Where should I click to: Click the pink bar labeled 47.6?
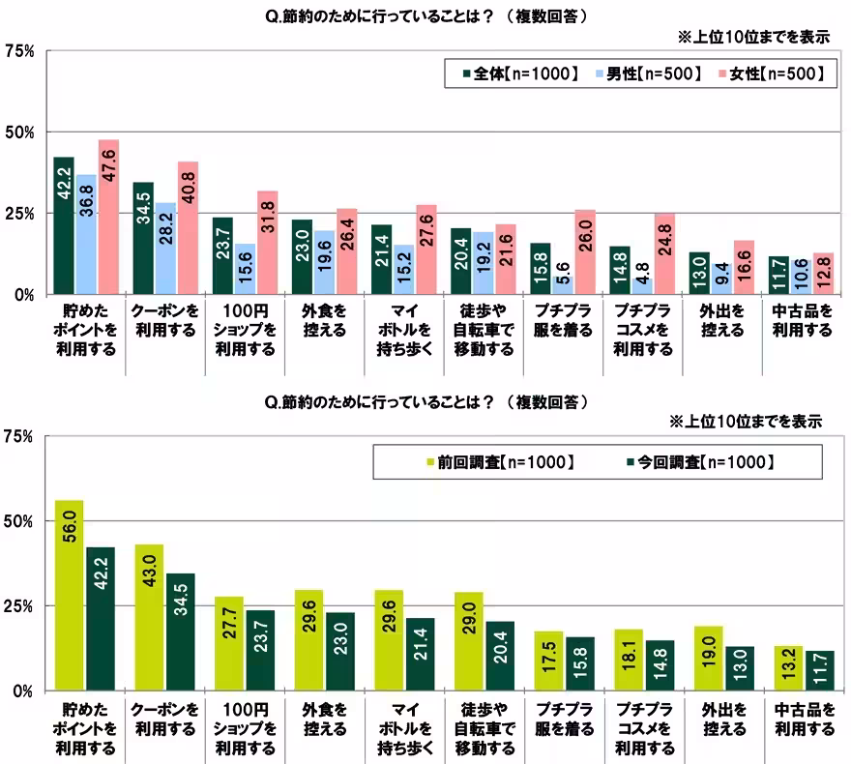click(x=108, y=217)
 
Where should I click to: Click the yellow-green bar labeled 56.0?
click(x=70, y=595)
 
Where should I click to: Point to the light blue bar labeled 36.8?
click(x=87, y=234)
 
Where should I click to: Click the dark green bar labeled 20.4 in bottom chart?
click(x=500, y=656)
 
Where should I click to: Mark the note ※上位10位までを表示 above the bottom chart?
click(x=746, y=422)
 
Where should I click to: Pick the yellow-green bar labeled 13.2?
click(x=787, y=668)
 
